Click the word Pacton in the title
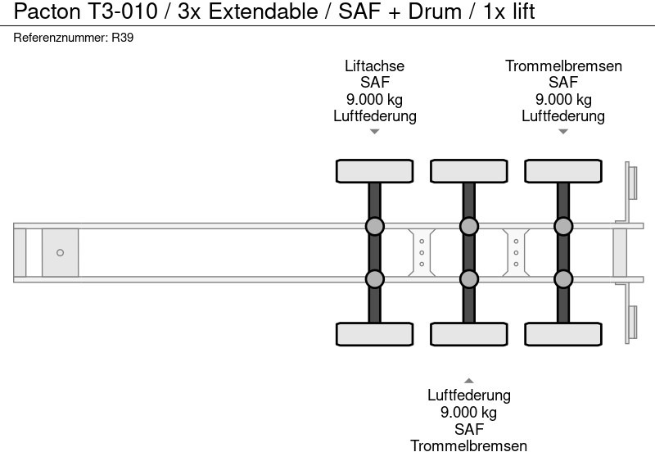pos(47,11)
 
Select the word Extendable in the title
pos(263,11)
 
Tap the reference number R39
pos(122,38)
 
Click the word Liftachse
pos(375,66)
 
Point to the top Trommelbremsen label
pos(563,66)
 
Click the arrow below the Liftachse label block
pos(375,132)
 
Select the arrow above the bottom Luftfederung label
pos(469,381)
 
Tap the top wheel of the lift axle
pos(375,171)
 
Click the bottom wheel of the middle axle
pos(469,334)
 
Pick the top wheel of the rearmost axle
pos(563,171)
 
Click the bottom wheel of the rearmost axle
pos(563,334)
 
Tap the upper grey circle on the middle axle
pos(469,227)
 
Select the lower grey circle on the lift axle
pos(375,279)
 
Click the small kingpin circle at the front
pos(60,253)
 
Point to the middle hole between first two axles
pos(422,253)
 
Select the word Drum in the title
pos(435,11)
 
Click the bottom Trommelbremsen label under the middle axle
pos(468,445)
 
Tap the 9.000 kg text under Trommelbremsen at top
pos(563,99)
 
